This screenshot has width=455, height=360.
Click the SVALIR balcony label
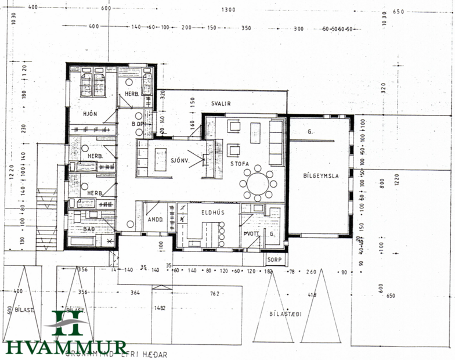[221, 103]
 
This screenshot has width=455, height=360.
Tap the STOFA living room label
[239, 164]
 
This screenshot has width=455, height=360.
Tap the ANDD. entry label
[154, 220]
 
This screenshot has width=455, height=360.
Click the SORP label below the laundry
[274, 260]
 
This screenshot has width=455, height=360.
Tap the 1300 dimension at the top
[229, 10]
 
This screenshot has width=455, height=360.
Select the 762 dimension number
[215, 294]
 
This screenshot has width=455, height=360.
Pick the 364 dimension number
[136, 293]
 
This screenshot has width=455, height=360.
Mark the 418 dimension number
[312, 295]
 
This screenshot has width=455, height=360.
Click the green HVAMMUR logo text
[66, 347]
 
